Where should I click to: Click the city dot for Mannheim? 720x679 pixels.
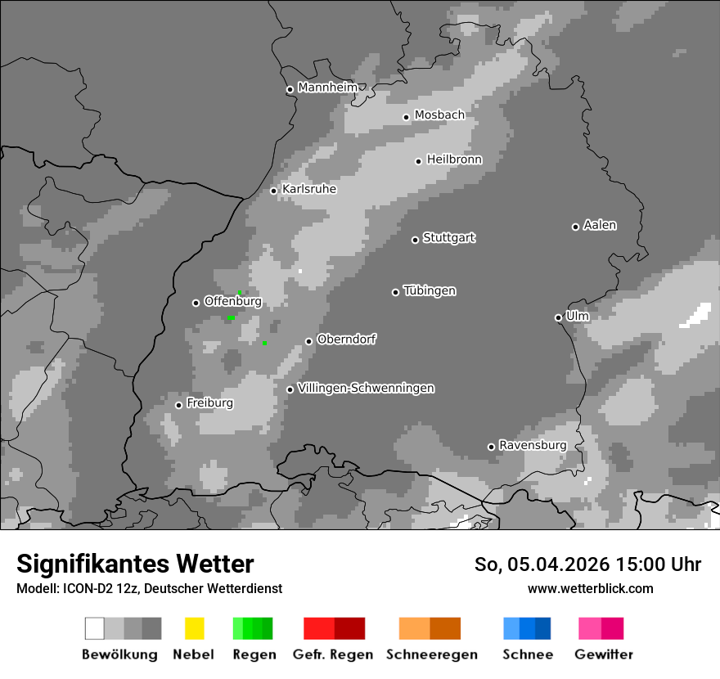click(x=290, y=90)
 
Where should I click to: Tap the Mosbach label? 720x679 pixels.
click(x=439, y=115)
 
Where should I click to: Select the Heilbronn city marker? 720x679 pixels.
click(x=418, y=161)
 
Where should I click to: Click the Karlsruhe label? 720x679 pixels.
click(x=309, y=189)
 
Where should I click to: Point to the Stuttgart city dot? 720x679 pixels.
click(x=415, y=240)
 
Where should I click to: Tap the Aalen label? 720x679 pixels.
click(x=600, y=225)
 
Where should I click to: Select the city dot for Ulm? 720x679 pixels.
click(x=558, y=317)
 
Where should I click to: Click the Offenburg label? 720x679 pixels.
click(x=233, y=301)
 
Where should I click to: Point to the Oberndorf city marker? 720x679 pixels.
click(x=308, y=341)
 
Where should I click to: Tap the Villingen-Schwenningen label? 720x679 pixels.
click(x=366, y=388)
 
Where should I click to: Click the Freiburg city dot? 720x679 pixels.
click(x=178, y=405)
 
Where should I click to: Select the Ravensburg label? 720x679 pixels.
click(x=533, y=445)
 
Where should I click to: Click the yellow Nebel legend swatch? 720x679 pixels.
click(x=194, y=628)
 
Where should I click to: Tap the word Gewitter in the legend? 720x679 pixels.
click(x=604, y=654)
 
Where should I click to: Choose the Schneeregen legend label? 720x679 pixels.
click(x=432, y=654)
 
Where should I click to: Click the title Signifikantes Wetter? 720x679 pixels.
click(x=135, y=564)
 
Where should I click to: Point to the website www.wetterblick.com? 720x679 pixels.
click(x=590, y=588)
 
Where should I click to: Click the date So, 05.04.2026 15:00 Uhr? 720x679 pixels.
click(x=587, y=564)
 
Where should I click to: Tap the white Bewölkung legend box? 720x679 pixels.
click(x=95, y=628)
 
